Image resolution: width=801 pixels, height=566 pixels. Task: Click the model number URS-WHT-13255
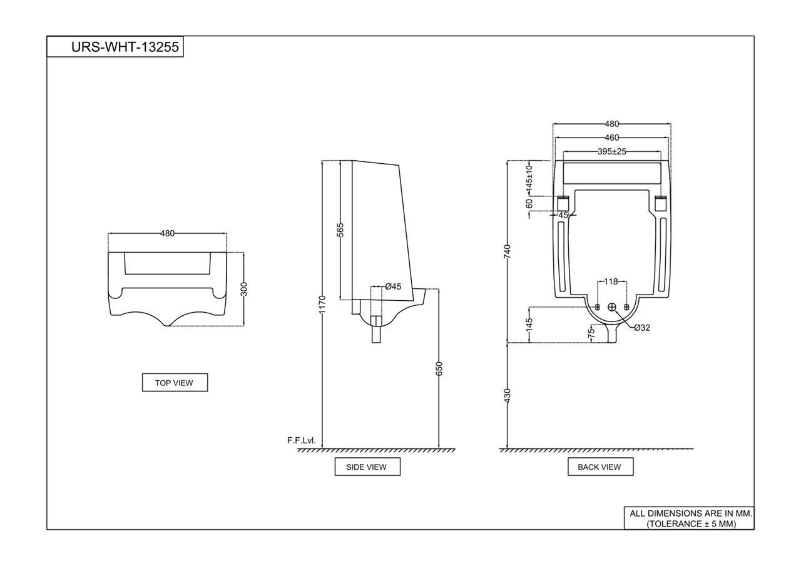click(116, 47)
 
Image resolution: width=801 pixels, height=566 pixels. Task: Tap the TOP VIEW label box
click(175, 383)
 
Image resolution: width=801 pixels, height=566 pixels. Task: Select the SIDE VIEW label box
click(367, 467)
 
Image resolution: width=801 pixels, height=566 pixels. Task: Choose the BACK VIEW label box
click(599, 467)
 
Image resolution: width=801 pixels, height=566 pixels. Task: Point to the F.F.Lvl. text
click(301, 440)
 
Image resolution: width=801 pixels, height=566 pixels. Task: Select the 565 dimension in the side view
click(340, 230)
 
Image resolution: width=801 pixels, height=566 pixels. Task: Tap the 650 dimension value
click(439, 368)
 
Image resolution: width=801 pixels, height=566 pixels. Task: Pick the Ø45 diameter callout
click(393, 286)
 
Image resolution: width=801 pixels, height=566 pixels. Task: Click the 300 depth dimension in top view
click(244, 288)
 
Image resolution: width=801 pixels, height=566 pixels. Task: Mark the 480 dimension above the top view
click(167, 233)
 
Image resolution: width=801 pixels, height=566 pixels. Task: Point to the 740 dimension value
click(508, 251)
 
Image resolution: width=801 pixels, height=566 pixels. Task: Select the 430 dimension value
click(508, 395)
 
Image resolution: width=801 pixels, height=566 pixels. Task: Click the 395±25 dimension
click(611, 151)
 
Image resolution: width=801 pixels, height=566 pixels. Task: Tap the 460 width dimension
click(611, 138)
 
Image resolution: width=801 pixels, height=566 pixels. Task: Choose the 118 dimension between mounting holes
click(611, 281)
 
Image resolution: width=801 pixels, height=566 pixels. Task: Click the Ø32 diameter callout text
click(641, 328)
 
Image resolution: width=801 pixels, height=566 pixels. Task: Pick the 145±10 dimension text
click(529, 177)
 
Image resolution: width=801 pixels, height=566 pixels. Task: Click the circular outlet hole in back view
click(612, 306)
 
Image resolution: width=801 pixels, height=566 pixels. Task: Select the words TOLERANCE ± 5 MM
click(691, 523)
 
